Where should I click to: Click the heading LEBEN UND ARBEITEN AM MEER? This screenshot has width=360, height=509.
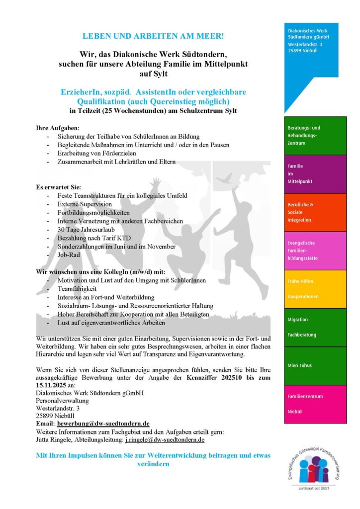[153, 36]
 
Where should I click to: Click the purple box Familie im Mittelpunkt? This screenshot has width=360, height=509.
[315, 173]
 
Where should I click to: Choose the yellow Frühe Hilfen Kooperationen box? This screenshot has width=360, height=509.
[315, 289]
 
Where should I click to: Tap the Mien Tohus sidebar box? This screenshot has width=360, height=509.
[315, 366]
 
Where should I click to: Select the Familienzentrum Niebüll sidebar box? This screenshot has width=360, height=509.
[315, 404]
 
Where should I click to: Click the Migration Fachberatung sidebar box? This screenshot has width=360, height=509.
[315, 327]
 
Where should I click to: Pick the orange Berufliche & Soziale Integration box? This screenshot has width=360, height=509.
[315, 212]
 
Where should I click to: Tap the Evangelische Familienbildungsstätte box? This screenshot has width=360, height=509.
[315, 251]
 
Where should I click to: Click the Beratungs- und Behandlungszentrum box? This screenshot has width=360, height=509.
[315, 135]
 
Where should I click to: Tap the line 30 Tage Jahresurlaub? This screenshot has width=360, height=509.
[86, 230]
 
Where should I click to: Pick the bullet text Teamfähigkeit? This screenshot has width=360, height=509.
[77, 289]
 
